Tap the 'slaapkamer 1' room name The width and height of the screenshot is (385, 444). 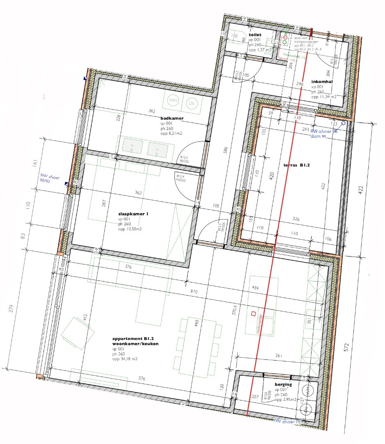(133, 213)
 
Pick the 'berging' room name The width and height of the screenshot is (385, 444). (283, 384)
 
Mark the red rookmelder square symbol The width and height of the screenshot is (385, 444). (253, 314)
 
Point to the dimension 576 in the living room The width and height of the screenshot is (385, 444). (142, 379)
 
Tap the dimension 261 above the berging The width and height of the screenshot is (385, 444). (280, 356)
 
